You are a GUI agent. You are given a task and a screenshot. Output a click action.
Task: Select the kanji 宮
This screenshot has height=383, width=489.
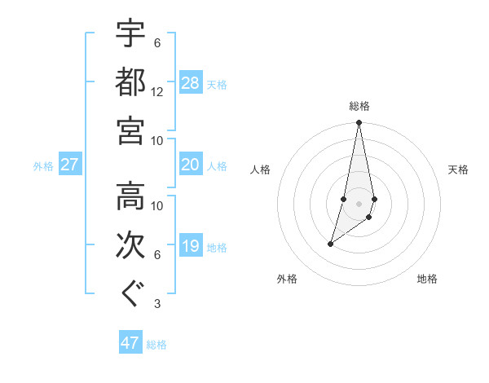[130, 130]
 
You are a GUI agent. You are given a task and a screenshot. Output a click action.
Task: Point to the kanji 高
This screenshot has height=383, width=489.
[130, 196]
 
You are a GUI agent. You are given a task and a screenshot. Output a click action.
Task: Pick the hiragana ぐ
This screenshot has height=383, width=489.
[130, 294]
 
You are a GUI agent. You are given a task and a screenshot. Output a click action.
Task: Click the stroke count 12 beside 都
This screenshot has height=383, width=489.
[157, 92]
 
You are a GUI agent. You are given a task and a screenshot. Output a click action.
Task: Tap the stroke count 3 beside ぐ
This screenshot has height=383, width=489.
[156, 305]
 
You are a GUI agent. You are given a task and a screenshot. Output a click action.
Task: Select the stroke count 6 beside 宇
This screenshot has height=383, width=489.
[156, 43]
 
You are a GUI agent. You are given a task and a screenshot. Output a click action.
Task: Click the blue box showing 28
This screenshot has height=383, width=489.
[191, 83]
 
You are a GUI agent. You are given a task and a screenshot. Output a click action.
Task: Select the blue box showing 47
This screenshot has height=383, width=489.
[130, 343]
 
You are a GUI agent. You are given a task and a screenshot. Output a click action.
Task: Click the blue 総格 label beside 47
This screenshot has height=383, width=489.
[156, 345]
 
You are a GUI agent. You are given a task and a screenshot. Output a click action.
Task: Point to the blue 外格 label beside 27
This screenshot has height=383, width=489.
[43, 166]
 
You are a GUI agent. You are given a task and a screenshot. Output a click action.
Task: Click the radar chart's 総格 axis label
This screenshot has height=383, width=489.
[359, 106]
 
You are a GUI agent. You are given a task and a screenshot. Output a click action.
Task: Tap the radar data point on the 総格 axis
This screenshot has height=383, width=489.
[359, 123]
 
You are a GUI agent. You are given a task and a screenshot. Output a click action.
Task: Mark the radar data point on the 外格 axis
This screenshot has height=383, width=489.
[330, 244]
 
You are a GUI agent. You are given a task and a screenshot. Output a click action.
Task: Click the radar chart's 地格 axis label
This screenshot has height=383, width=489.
[427, 279]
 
